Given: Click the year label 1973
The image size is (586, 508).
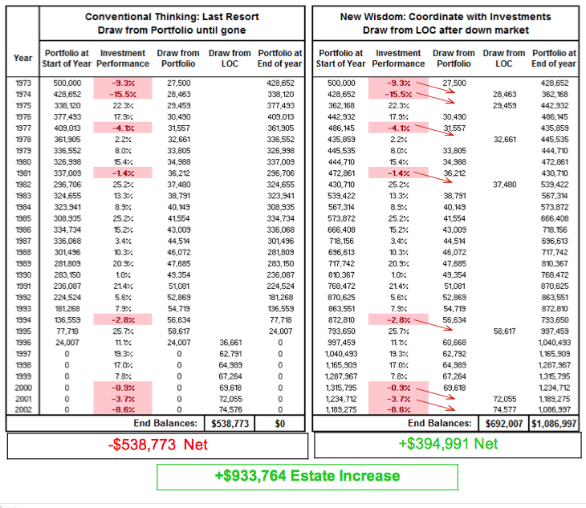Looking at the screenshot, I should click(22, 83).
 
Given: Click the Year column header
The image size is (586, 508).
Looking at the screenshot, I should click(22, 58).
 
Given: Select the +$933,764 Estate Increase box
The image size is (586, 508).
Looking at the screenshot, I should click(307, 476).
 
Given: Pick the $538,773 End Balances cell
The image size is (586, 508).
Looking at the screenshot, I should click(230, 421).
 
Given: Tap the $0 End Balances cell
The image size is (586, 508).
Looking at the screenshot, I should click(280, 421).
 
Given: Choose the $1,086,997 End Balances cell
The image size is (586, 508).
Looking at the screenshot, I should click(553, 421).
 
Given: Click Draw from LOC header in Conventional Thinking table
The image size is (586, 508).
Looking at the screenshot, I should click(230, 58).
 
